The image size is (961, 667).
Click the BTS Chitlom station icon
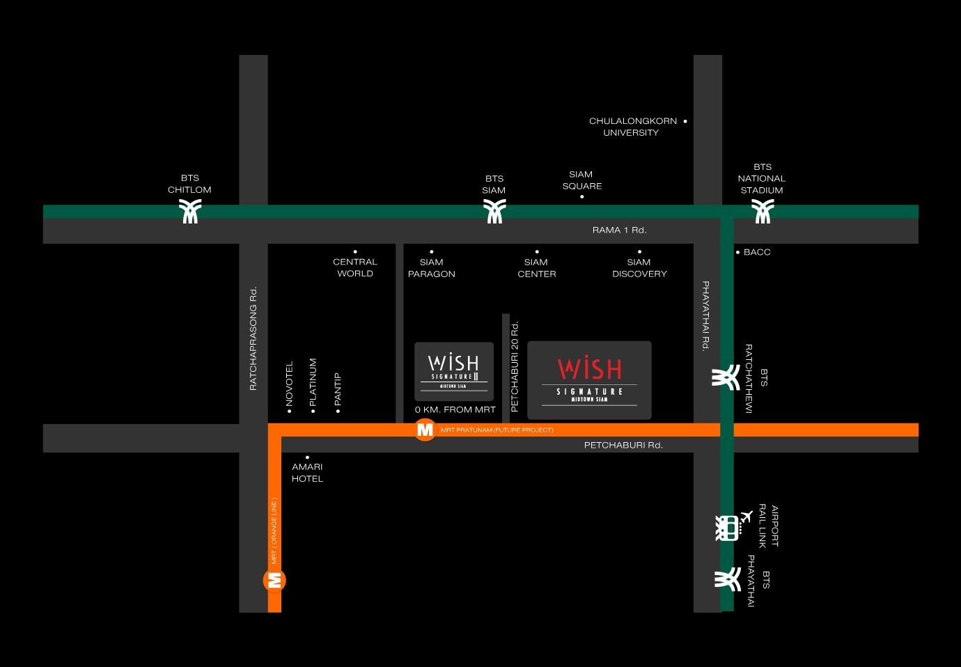click(190, 211)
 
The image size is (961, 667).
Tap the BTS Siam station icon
click(494, 211)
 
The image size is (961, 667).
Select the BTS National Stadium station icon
click(763, 211)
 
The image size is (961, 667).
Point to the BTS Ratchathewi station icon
click(726, 377)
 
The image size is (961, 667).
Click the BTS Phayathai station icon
click(728, 579)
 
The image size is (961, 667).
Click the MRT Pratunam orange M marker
click(425, 430)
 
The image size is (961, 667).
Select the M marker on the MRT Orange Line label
click(274, 581)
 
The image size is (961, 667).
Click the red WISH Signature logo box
click(589, 380)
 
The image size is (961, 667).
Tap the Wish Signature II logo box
click(454, 372)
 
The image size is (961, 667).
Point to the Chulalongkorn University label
click(633, 127)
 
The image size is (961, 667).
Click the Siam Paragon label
click(431, 267)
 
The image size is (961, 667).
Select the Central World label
click(354, 267)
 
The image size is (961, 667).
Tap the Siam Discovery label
click(639, 267)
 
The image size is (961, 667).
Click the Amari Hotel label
click(307, 472)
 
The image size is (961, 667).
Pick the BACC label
click(757, 252)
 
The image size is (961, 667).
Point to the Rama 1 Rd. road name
click(619, 230)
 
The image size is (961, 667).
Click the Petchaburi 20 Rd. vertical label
click(515, 366)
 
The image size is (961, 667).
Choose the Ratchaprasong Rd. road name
click(253, 338)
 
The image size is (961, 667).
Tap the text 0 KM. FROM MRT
click(455, 409)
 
